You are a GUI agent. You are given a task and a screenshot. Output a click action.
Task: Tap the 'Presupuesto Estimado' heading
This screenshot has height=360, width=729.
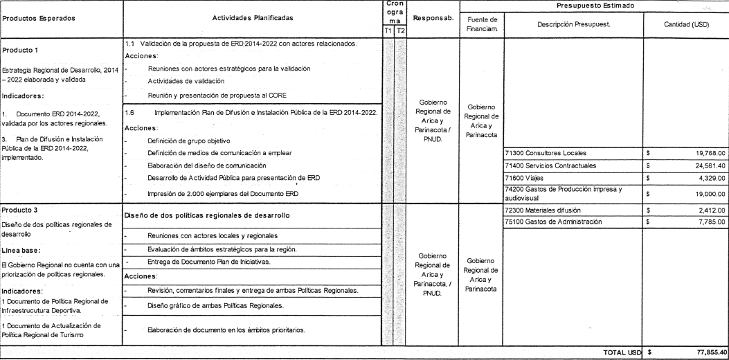[593, 6]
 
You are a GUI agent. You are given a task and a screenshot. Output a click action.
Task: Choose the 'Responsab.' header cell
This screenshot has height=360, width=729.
[433, 18]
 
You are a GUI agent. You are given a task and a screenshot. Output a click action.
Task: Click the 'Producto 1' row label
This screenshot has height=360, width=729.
[20, 51]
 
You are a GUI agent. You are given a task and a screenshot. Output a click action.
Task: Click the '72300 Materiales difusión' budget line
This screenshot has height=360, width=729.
[544, 209]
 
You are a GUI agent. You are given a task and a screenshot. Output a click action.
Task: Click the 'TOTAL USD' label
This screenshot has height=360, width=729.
[622, 352]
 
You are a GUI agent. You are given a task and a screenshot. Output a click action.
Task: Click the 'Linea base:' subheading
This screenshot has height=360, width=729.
[24, 251]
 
